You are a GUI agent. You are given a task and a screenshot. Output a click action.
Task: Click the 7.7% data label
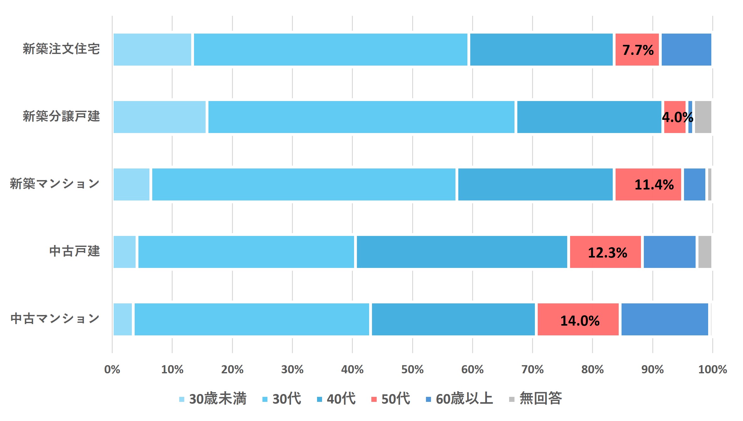coord(638,50)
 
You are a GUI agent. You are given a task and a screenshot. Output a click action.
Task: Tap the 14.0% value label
coord(580,321)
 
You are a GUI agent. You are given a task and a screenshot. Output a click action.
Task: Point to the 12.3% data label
coord(607,253)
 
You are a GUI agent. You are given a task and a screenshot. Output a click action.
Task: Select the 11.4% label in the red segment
coord(654,185)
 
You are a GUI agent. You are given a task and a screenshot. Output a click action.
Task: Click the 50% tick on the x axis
coord(412,370)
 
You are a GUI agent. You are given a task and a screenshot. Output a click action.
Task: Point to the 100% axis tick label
coord(712,370)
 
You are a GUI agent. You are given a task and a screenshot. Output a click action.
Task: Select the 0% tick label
coord(112,370)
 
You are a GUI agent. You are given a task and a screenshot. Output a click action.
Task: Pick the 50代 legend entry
coord(390,399)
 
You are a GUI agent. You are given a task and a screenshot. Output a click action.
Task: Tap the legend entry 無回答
coord(536,399)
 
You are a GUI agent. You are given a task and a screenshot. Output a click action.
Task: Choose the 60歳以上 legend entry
coord(460,399)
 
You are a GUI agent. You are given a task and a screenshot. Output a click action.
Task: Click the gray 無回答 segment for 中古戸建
coord(704,252)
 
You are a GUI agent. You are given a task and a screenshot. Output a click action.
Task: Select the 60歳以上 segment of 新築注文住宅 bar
coord(686,50)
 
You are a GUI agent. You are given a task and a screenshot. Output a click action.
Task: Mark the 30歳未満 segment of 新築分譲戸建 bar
coord(159,117)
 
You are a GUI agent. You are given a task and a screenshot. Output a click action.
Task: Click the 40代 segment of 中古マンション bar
coord(453,319)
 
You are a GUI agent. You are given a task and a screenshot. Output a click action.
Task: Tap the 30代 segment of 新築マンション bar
coord(304,184)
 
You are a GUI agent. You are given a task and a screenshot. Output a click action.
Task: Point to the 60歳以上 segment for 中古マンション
coord(665,319)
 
